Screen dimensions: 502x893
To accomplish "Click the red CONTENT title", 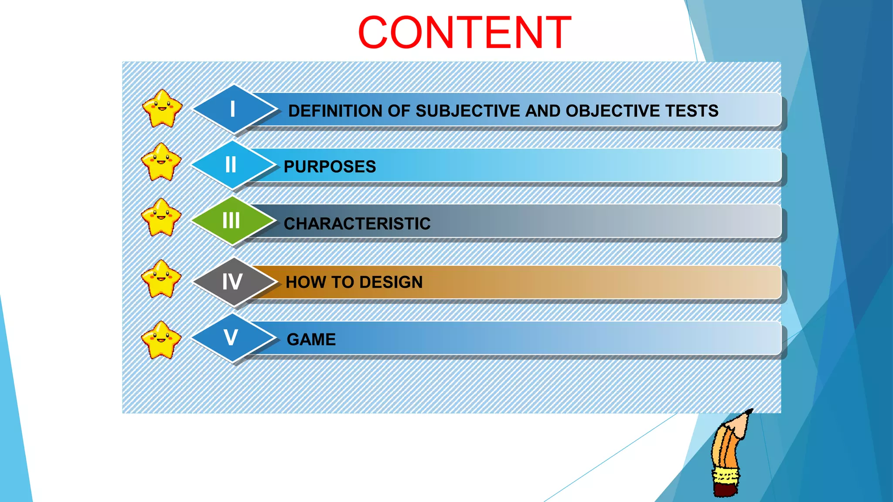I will pos(464,33).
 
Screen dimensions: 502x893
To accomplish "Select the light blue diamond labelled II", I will pos(232,165).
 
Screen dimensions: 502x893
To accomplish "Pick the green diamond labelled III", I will pos(232,220).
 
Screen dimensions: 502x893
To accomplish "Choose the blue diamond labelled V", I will pos(232,338).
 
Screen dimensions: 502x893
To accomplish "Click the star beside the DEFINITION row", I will pos(162,109).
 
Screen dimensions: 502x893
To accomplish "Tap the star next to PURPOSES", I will pos(161,162).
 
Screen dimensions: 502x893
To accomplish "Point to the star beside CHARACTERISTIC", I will pos(161,217).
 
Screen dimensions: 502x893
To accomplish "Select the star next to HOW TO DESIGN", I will pos(161,279).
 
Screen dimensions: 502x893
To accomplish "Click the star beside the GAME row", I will pos(161,340).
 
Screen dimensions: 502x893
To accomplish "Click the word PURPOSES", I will pos(330,167).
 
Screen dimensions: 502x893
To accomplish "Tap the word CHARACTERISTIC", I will pos(357,224).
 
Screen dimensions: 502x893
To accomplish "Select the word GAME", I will pos(311,339).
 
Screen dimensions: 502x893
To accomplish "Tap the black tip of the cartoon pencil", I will pos(750,411).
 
